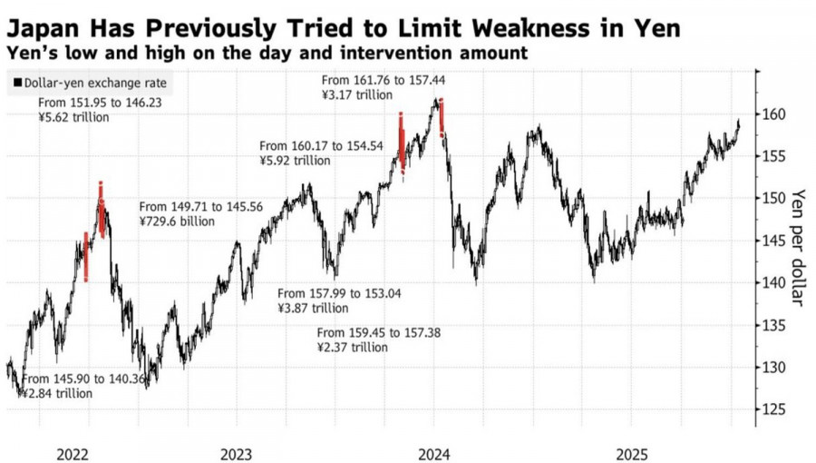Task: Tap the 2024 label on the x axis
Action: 434,450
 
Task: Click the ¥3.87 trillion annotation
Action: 314,308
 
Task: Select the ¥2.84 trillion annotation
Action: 56,393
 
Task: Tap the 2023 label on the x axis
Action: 235,450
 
